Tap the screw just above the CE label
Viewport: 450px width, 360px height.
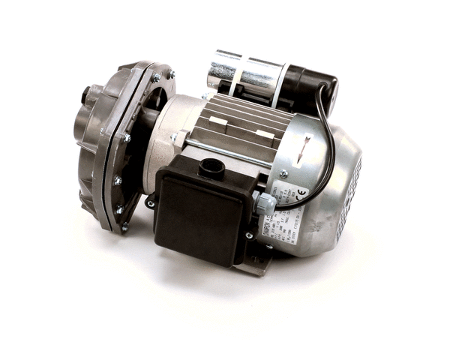pyautogui.click(x=283, y=173)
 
